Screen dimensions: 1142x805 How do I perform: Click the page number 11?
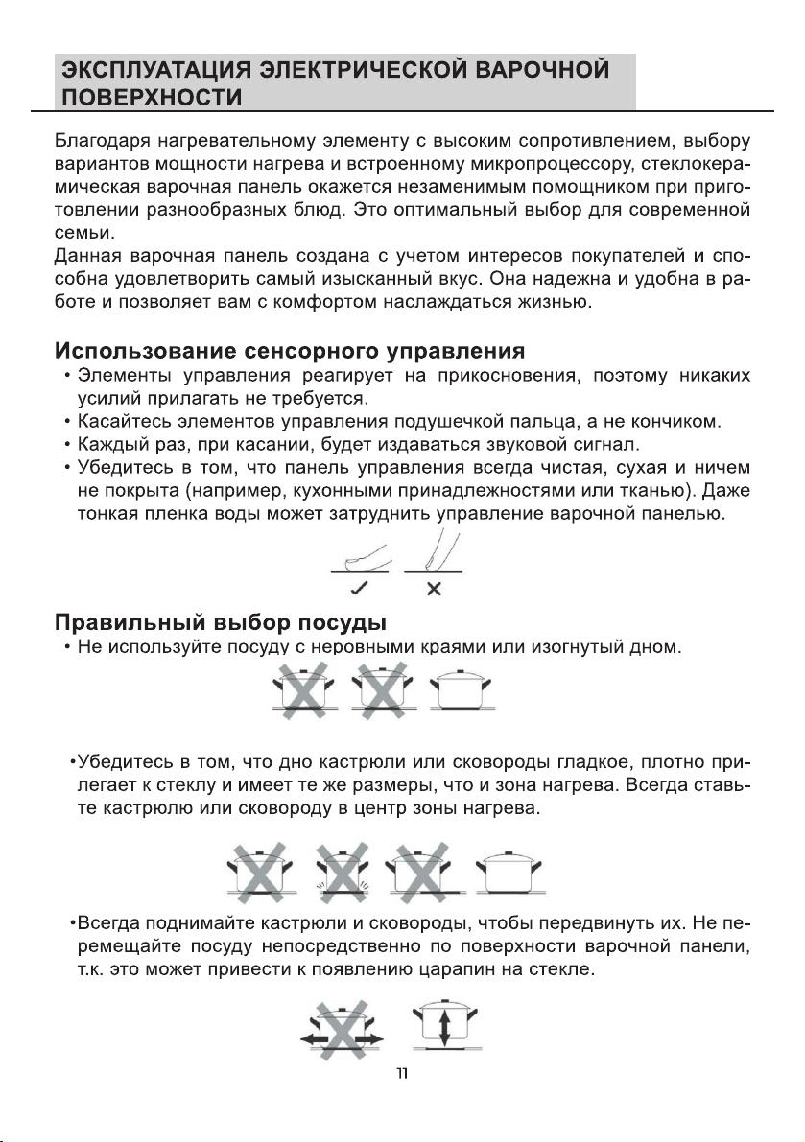point(403,1073)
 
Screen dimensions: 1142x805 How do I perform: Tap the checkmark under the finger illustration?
point(362,587)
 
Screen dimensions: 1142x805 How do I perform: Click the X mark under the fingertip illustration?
point(434,587)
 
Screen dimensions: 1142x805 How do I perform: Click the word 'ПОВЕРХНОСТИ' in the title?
point(151,98)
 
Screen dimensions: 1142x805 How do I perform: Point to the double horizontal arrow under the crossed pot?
point(342,1039)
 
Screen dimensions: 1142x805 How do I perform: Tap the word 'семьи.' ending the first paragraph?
point(83,232)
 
